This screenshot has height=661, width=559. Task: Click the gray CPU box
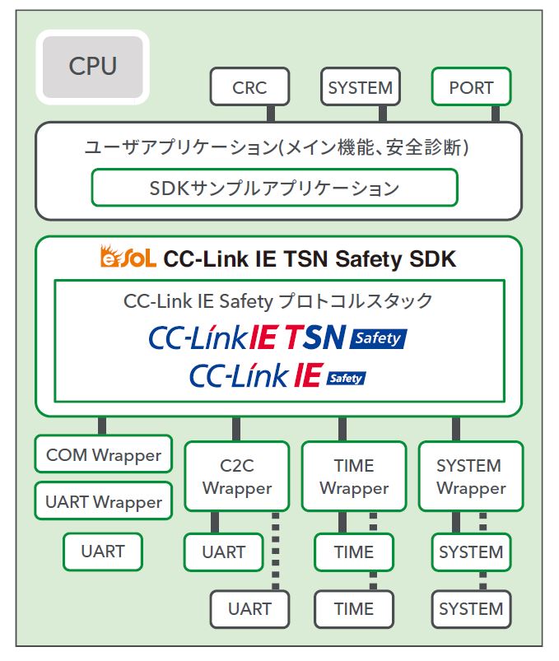click(92, 66)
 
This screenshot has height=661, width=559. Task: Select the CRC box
click(249, 87)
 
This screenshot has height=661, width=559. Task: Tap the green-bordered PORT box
click(471, 87)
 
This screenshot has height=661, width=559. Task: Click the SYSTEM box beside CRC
click(360, 87)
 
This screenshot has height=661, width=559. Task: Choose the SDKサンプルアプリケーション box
click(274, 188)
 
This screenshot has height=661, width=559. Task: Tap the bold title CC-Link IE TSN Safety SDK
click(310, 259)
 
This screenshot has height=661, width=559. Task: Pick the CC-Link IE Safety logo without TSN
click(277, 376)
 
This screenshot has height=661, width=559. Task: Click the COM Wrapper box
click(104, 454)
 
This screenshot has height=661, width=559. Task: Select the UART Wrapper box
click(104, 501)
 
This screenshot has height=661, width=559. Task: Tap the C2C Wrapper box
click(237, 477)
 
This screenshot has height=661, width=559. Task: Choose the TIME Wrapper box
click(354, 477)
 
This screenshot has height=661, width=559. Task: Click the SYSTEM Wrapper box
click(470, 477)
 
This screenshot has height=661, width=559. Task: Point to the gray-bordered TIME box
click(354, 609)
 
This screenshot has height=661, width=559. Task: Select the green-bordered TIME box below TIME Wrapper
click(354, 552)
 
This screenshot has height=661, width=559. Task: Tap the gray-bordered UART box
click(249, 609)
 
